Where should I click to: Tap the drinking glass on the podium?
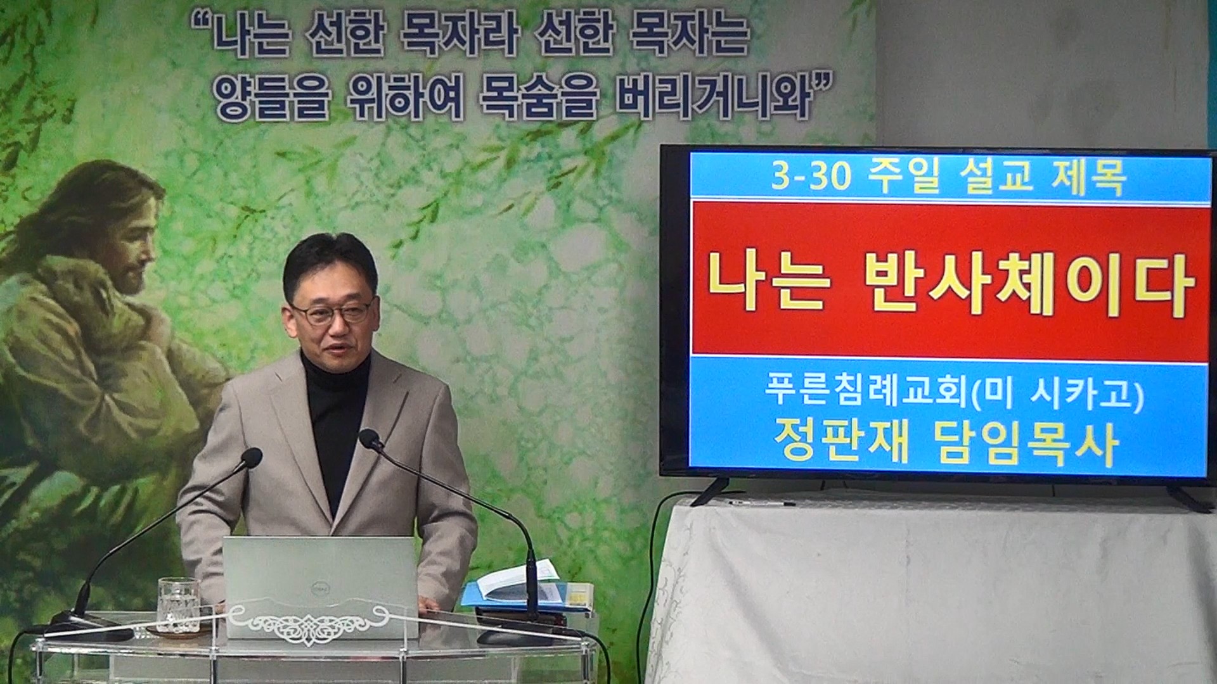pos(178,605)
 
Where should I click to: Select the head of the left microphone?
pos(252,457)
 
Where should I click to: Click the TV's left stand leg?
pos(711,492)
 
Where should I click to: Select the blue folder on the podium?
pos(526,595)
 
